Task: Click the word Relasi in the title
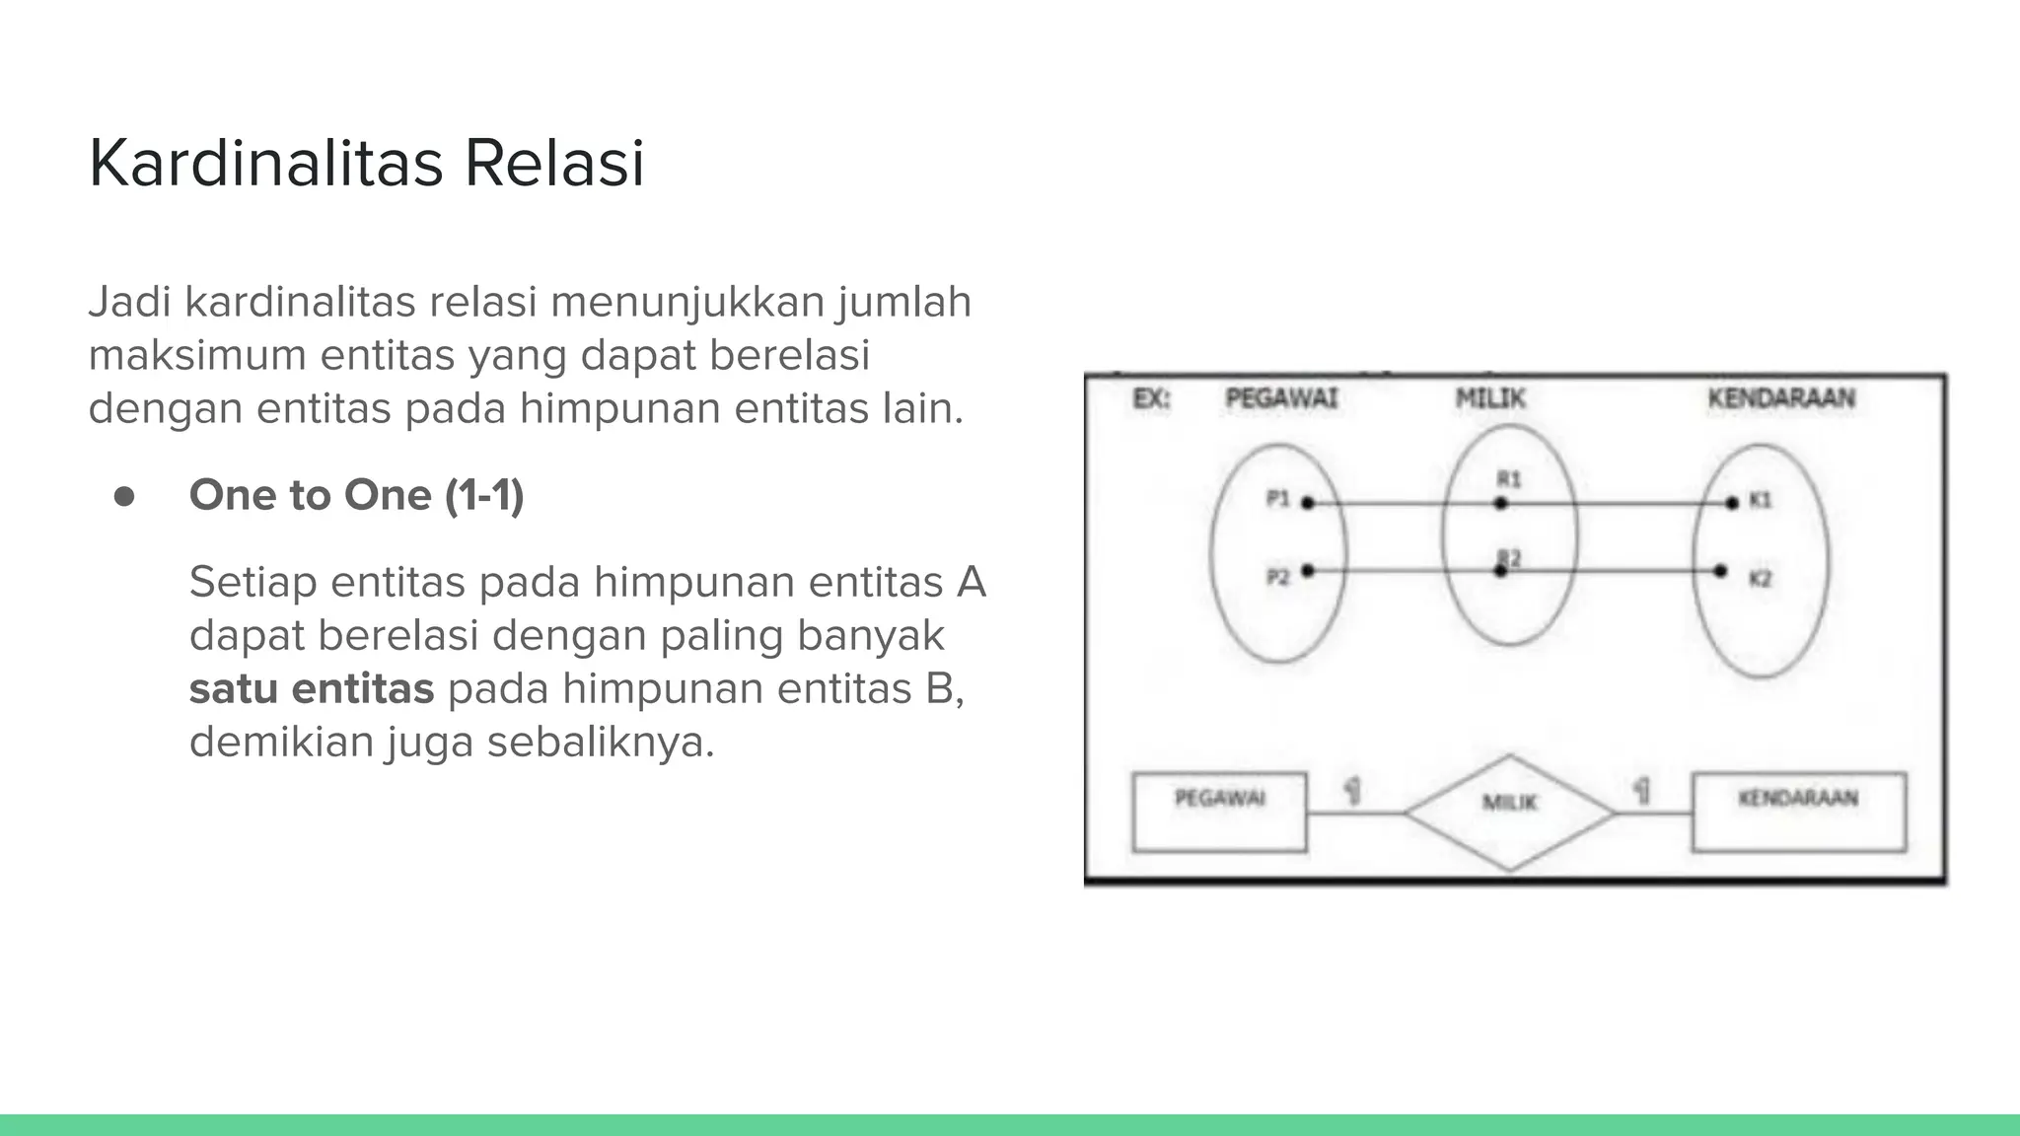tap(554, 164)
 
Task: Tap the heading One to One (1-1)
tap(356, 495)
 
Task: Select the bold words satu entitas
tap(312, 688)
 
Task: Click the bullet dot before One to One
tap(124, 496)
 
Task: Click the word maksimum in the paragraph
tap(197, 355)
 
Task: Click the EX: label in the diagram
tap(1151, 399)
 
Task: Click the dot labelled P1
tap(1308, 503)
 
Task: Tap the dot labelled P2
tap(1308, 570)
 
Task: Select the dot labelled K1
tap(1732, 503)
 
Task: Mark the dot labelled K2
tap(1720, 571)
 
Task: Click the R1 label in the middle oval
tap(1509, 479)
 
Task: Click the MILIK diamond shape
tap(1509, 813)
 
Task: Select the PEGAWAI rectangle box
tap(1219, 813)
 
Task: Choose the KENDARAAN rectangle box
tap(1799, 813)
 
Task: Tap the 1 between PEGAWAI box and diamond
tap(1353, 790)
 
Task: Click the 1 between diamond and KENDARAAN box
tap(1641, 790)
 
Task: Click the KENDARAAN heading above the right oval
tap(1781, 399)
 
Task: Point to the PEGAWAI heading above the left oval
tap(1281, 399)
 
